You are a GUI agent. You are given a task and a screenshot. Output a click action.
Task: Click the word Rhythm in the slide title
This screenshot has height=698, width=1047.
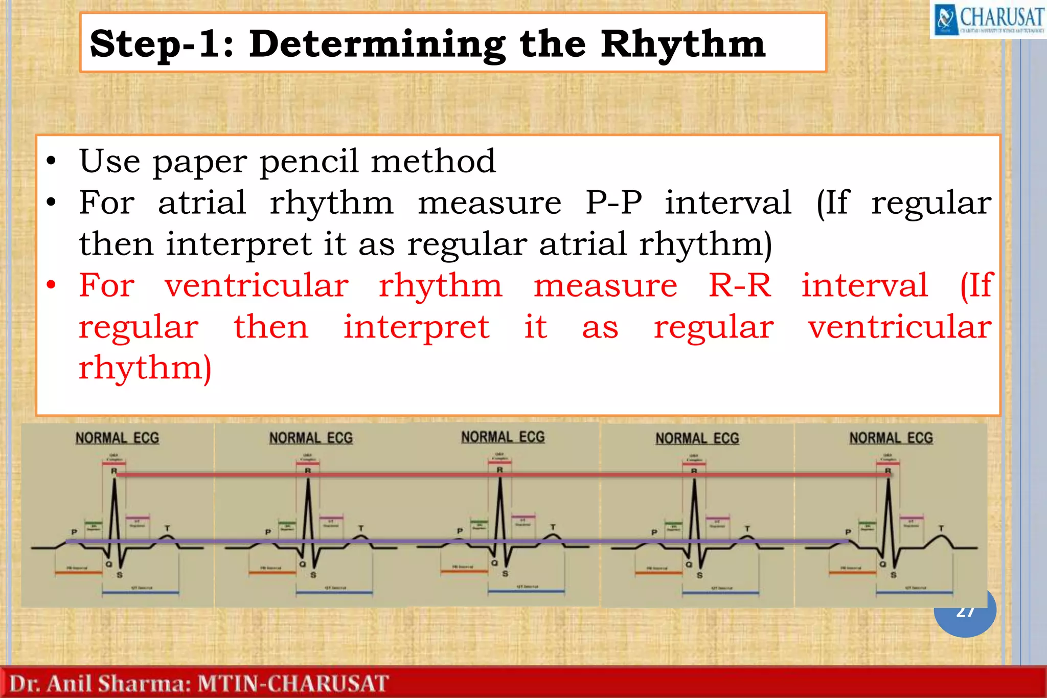683,45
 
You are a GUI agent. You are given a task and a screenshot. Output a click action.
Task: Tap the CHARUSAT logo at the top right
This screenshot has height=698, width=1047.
988,19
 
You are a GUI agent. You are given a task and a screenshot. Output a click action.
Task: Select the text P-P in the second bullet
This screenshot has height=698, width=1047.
613,202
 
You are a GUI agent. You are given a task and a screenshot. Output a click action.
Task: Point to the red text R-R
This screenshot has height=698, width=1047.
739,285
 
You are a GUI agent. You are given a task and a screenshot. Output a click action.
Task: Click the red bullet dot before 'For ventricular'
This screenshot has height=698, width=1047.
51,285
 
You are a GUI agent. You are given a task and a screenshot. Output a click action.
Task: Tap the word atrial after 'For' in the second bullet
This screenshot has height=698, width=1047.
202,202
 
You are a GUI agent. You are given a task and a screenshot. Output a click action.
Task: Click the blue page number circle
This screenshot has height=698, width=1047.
965,616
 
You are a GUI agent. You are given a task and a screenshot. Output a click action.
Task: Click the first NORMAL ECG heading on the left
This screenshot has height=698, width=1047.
117,438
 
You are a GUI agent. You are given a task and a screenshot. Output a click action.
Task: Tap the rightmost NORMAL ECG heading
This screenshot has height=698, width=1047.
891,438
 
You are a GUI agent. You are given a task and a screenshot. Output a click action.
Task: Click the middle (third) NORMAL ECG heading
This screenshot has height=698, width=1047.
503,437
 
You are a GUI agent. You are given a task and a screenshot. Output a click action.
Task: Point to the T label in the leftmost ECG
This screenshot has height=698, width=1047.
167,528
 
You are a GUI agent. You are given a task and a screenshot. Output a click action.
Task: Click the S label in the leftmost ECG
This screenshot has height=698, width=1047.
120,575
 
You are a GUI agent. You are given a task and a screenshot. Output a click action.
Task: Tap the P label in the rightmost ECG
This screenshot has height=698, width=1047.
848,532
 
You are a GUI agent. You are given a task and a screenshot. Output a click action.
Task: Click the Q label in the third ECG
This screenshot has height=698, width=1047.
494,563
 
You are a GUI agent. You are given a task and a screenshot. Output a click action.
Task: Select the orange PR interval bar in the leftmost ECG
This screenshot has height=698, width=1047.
78,573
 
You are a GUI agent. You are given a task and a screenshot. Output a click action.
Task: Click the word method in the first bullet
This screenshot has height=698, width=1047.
433,162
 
